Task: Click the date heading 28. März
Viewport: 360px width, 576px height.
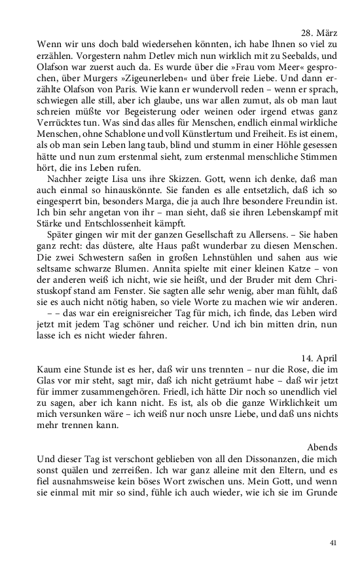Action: (x=319, y=32)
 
